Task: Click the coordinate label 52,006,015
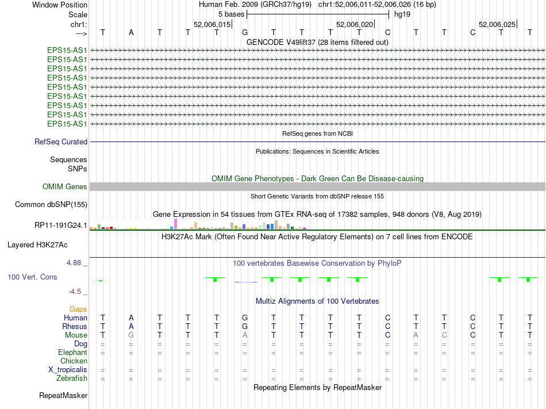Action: [212, 24]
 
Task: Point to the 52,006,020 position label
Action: [355, 24]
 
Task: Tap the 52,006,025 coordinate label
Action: [497, 24]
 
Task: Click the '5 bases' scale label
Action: [231, 14]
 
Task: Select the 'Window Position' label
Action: [60, 5]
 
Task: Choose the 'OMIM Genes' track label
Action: [65, 186]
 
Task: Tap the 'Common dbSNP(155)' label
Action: [51, 204]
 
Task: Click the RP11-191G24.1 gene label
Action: [61, 225]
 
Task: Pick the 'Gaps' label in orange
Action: [78, 309]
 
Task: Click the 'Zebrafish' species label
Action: [72, 378]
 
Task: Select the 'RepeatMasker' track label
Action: [63, 395]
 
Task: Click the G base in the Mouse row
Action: [131, 335]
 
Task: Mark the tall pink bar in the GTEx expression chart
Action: [175, 224]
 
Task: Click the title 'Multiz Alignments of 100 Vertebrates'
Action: [317, 301]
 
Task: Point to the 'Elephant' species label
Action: [72, 352]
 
